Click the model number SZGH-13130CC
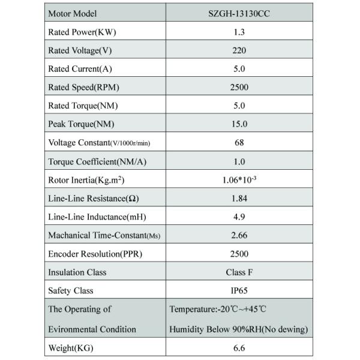click(239, 13)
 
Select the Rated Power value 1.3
click(239, 32)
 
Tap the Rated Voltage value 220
click(239, 50)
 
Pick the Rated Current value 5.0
click(239, 69)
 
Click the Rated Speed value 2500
click(239, 87)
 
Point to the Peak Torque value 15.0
click(239, 124)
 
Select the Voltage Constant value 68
click(239, 143)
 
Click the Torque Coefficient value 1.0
click(239, 161)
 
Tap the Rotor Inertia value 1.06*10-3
click(239, 179)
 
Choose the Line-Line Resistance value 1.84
click(239, 199)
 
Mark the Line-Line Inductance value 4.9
click(239, 217)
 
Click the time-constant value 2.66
click(239, 235)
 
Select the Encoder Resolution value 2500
click(239, 254)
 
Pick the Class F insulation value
click(239, 272)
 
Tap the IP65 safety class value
click(239, 291)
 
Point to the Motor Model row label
click(72, 13)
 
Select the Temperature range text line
click(217, 310)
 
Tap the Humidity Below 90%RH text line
click(239, 329)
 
